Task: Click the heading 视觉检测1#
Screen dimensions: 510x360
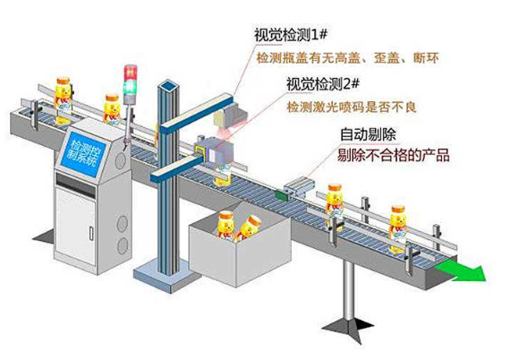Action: click(290, 35)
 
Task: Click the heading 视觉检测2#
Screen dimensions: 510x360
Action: click(323, 84)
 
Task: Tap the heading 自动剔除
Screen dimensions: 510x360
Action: click(368, 134)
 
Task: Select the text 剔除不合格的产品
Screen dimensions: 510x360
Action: click(393, 155)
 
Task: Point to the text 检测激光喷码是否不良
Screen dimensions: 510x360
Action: click(352, 107)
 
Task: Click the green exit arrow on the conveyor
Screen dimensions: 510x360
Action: click(461, 271)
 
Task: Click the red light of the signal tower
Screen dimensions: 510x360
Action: click(131, 73)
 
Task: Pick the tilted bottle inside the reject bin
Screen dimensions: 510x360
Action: click(249, 227)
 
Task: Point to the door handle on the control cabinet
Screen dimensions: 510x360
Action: click(91, 234)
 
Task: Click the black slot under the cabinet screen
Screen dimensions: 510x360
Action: click(76, 184)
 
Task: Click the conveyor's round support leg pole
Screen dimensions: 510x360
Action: click(349, 292)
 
